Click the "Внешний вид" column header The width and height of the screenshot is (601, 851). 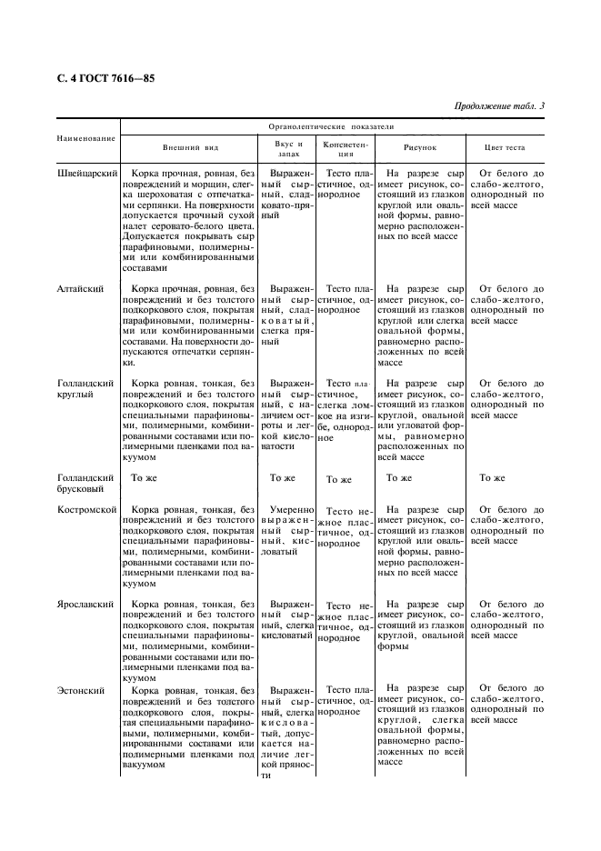point(191,147)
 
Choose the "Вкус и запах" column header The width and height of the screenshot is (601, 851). point(288,149)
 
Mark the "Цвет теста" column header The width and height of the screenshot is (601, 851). point(507,147)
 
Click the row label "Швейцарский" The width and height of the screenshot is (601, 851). point(85,173)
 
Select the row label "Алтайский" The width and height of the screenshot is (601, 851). point(79,288)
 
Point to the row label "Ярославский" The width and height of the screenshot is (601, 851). point(85,604)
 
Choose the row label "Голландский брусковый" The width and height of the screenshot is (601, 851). point(85,482)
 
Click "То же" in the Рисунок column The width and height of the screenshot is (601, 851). point(399,477)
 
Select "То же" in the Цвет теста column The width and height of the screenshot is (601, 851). point(492,477)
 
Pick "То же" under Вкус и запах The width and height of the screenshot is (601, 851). point(283,477)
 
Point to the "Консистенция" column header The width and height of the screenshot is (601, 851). point(345,149)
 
